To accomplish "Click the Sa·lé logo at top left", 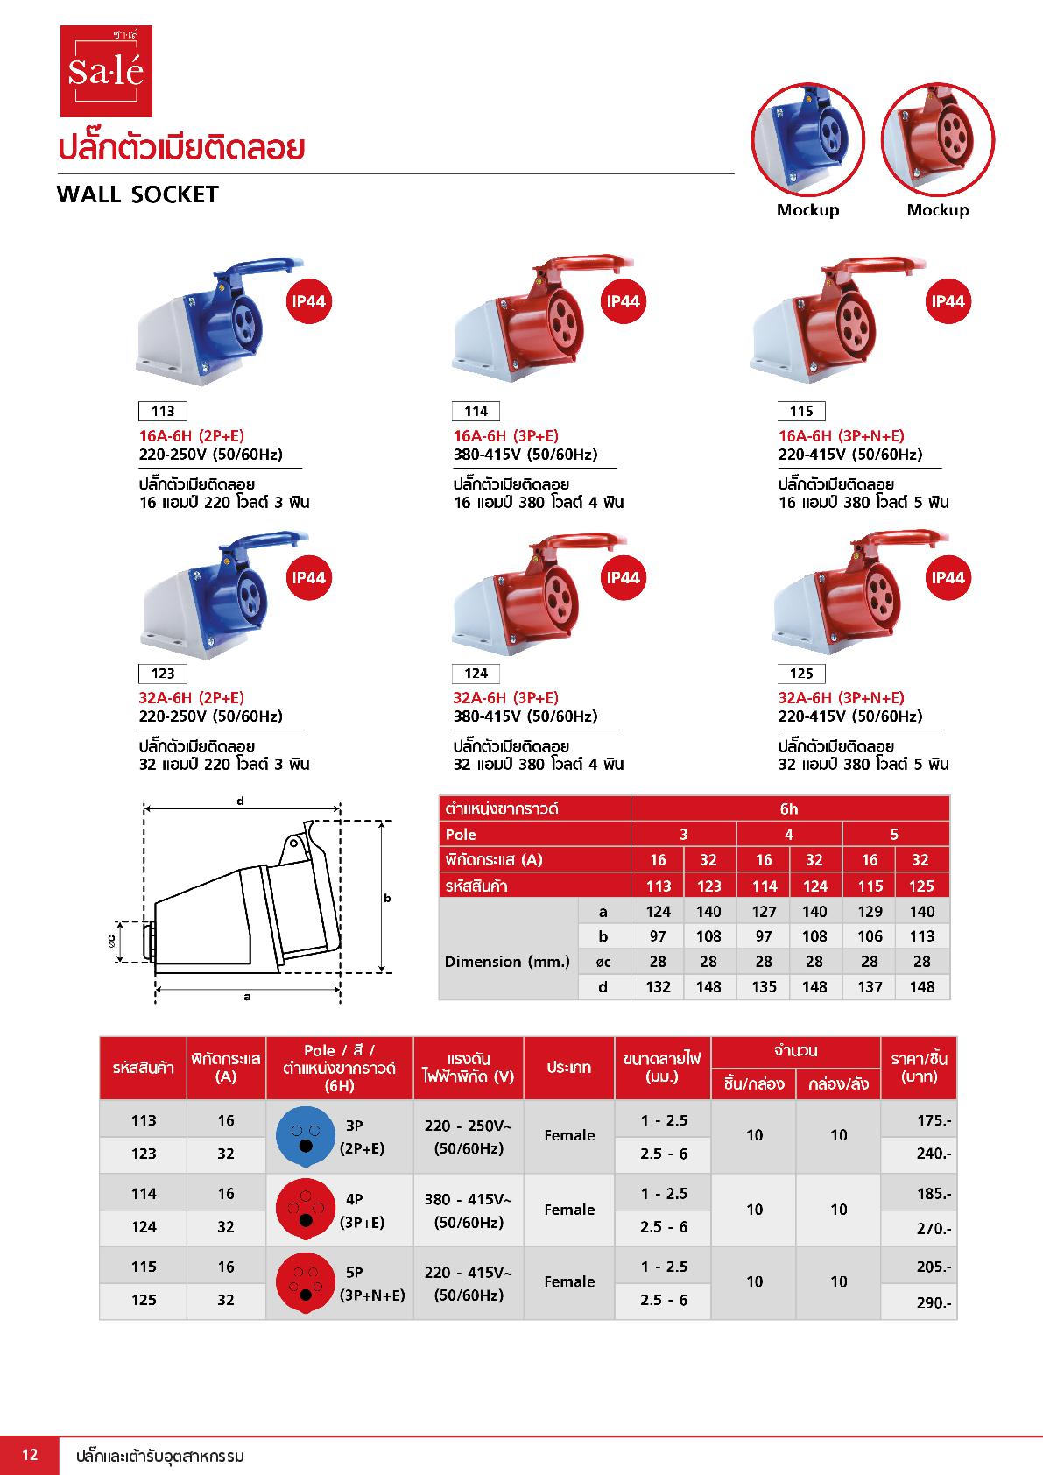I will [106, 71].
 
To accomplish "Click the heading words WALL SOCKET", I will [137, 194].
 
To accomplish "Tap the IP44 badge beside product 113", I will [308, 302].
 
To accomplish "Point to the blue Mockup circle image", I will [807, 139].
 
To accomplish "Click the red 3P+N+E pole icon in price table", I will [306, 1282].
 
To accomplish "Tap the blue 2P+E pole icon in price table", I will [306, 1136].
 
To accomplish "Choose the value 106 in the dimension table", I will [869, 936].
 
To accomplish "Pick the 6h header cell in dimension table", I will [789, 808].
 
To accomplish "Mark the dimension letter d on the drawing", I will [240, 801].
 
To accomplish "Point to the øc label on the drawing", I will [111, 942].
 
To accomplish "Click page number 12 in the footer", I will [30, 1455].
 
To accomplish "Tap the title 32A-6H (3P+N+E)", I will [841, 698].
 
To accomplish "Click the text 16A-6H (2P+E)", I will [191, 436].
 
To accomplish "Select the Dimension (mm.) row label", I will [507, 962].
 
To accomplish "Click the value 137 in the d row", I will [869, 987].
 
